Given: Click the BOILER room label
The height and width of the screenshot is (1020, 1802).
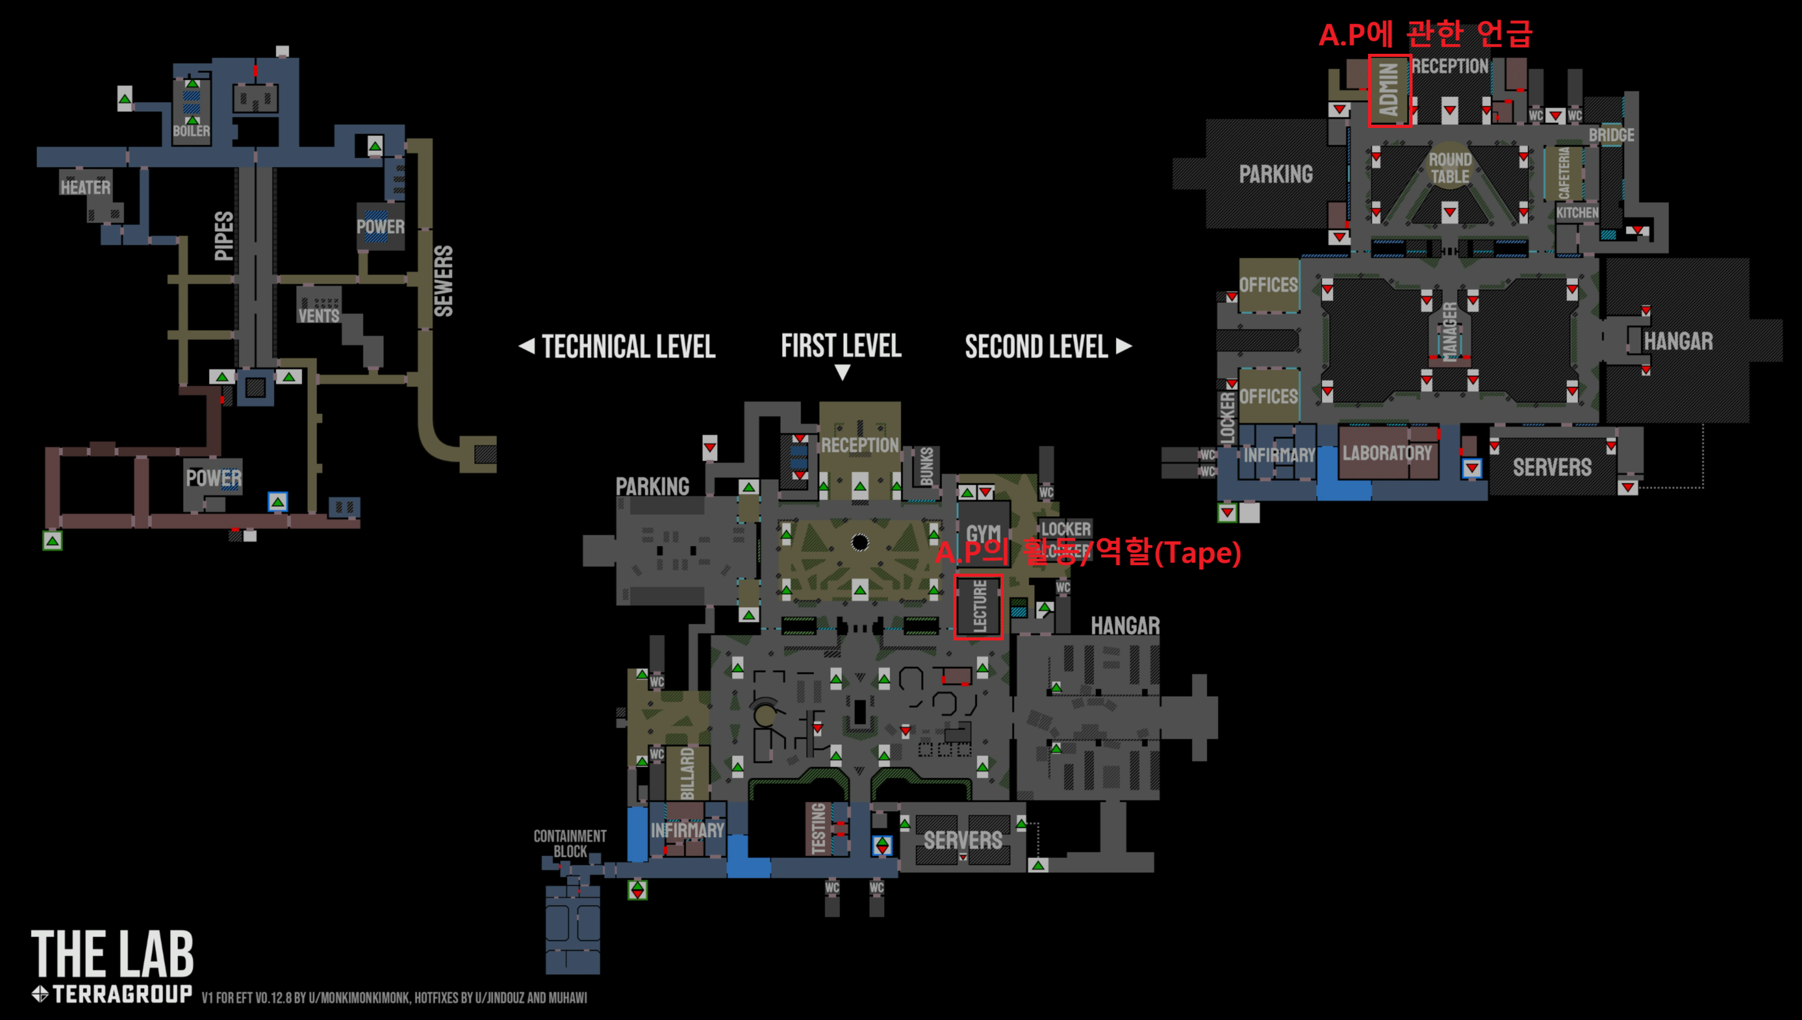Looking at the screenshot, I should point(191,131).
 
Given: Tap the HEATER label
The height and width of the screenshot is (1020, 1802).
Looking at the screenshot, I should point(85,188).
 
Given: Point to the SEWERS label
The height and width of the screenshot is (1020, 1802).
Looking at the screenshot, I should point(444,281).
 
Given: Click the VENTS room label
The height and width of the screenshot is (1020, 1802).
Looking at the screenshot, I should point(318,315).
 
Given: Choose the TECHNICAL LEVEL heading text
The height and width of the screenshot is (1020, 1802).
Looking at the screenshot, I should point(628,347).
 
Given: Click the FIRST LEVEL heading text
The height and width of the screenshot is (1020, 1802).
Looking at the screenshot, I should point(841,346).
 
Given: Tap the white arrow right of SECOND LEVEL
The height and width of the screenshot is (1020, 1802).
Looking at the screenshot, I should point(1124,346).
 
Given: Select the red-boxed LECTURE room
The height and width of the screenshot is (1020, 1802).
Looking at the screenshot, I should point(979,606).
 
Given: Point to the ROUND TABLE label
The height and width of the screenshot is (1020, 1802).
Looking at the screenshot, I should point(1450,168).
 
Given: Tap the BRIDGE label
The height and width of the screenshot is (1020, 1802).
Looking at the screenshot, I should point(1611,135).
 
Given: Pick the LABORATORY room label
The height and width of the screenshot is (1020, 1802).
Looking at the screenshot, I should point(1387,454).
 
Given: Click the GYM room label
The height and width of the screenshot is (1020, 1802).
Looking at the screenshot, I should point(984,534).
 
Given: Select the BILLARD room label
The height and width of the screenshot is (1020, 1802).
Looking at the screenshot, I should point(687,773).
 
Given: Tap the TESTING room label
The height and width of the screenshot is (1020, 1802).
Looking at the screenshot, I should point(818,830).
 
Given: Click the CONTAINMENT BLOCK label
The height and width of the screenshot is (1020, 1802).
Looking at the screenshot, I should point(570,843).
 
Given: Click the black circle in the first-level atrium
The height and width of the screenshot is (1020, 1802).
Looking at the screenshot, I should point(860,542).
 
